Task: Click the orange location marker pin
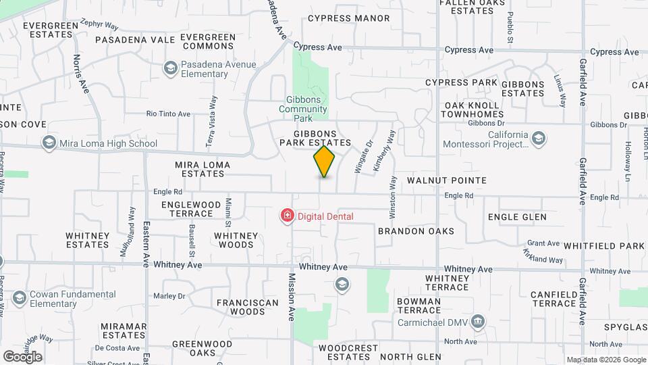click(x=325, y=161)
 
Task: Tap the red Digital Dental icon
click(x=287, y=216)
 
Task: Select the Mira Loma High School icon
click(x=49, y=143)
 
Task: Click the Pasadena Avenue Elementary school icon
click(x=170, y=68)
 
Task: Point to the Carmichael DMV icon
click(x=478, y=320)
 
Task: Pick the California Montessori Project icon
click(x=539, y=139)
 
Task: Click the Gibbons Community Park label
click(x=302, y=109)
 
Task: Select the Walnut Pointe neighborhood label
click(x=447, y=180)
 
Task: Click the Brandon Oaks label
click(x=416, y=231)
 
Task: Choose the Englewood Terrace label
click(x=191, y=209)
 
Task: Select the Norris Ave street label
click(x=81, y=74)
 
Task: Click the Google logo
click(x=23, y=356)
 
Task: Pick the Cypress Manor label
click(x=349, y=18)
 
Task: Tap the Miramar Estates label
click(x=124, y=331)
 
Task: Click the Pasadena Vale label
click(x=135, y=40)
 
